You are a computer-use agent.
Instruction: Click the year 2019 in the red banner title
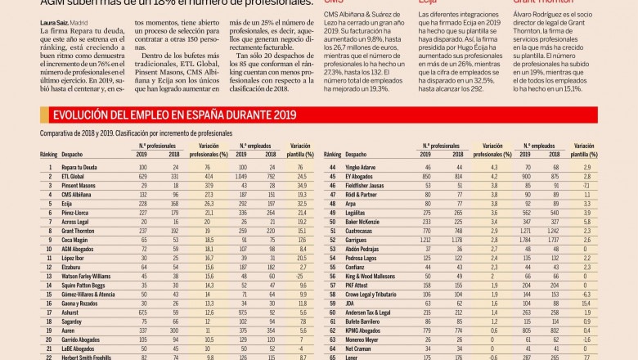click(280, 115)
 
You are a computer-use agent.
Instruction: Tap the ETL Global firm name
click(73, 176)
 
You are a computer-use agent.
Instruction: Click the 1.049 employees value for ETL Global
click(243, 176)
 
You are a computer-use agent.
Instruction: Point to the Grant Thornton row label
click(78, 231)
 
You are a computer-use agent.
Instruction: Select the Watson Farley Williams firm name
click(88, 277)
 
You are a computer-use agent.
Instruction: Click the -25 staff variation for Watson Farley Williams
click(299, 277)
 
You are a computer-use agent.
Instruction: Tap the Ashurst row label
click(70, 313)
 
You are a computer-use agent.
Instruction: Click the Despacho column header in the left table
click(73, 154)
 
